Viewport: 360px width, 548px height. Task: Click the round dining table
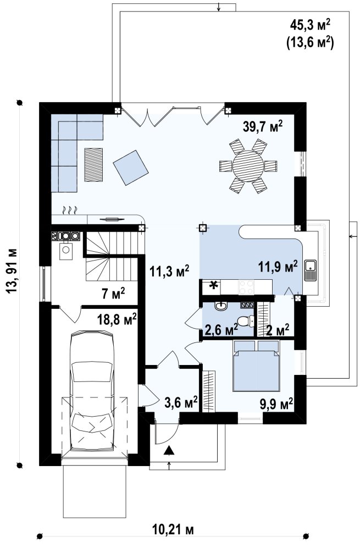[x=248, y=165]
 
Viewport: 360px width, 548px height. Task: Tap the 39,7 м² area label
[x=263, y=127]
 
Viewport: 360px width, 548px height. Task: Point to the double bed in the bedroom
[x=257, y=366]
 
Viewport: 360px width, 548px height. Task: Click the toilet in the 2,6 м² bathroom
[x=245, y=320]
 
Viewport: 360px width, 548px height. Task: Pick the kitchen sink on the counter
[x=310, y=270]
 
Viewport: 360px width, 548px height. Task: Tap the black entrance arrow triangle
[x=169, y=451]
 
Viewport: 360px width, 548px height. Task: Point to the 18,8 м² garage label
[x=117, y=319]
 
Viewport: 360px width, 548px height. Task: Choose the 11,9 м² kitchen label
[x=278, y=266]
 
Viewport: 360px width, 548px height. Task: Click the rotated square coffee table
[x=131, y=168]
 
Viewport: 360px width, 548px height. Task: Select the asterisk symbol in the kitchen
[x=213, y=286]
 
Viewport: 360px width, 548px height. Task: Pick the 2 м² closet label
[x=278, y=329]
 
